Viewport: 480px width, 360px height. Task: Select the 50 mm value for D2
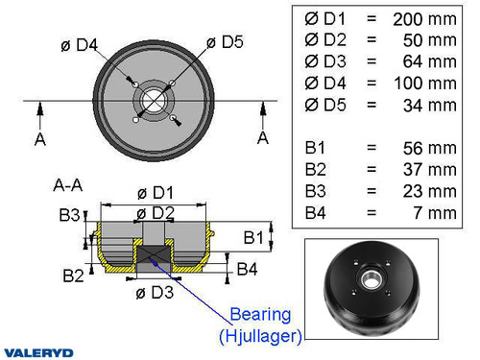tap(429, 39)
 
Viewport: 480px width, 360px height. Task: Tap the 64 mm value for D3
tap(429, 61)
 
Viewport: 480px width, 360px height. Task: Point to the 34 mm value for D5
tap(429, 106)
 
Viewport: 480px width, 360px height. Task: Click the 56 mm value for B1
tap(429, 148)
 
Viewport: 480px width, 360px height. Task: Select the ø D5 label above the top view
tap(225, 41)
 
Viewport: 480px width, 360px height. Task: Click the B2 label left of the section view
tap(73, 276)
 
